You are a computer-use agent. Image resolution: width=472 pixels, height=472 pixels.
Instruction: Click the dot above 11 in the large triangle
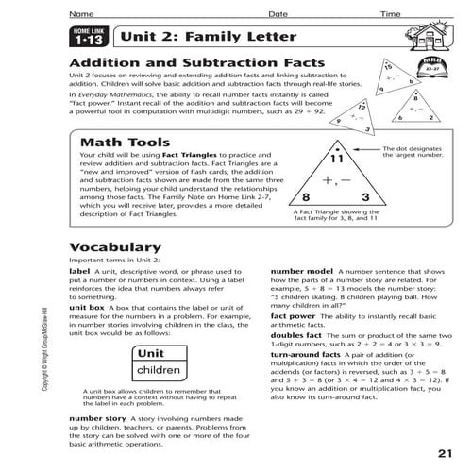pos(334,149)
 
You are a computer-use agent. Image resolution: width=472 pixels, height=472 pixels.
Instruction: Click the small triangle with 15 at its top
pos(367,84)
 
